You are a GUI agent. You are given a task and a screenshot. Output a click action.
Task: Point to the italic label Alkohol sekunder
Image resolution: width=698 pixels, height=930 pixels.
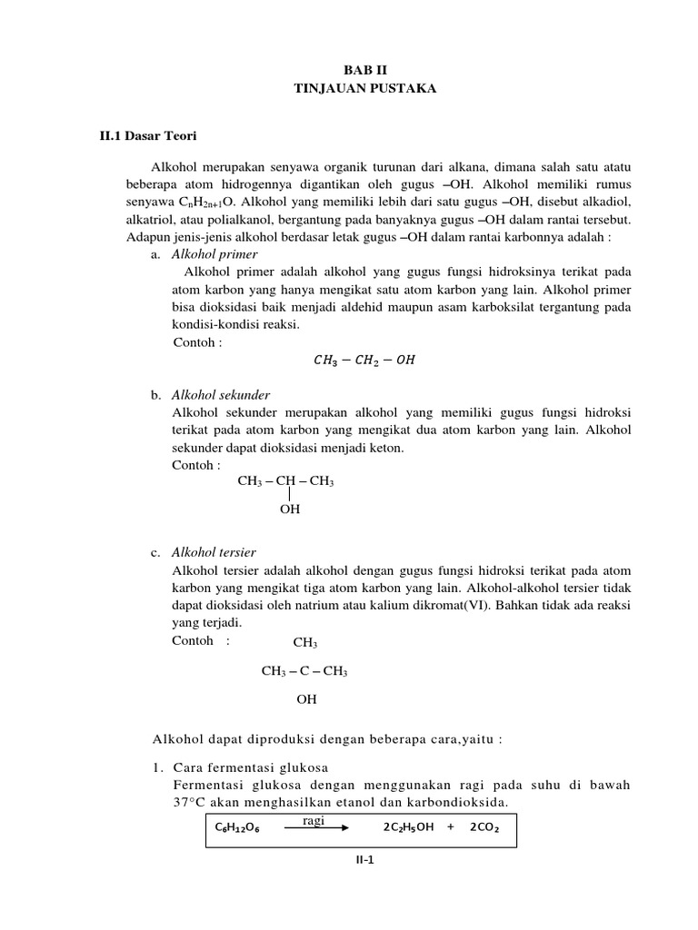(221, 395)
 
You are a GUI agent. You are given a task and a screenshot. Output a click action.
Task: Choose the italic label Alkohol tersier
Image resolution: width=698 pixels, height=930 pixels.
(214, 552)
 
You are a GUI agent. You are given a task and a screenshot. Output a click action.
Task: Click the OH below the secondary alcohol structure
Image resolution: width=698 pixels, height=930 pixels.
(289, 510)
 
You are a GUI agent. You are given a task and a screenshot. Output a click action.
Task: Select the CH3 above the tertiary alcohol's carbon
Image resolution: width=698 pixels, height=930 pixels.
(304, 643)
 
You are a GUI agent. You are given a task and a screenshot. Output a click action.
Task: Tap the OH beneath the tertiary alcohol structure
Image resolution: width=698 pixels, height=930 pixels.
(307, 700)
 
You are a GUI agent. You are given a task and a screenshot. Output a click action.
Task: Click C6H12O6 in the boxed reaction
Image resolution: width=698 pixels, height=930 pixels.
(238, 828)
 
